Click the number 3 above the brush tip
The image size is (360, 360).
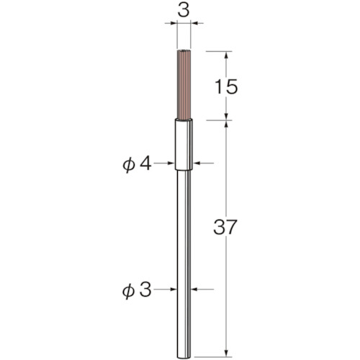[184, 11]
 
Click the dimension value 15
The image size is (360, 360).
[226, 86]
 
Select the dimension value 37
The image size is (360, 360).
[225, 227]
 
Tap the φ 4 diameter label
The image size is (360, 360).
[137, 165]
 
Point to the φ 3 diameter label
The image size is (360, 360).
[137, 289]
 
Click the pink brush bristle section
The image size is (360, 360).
[184, 84]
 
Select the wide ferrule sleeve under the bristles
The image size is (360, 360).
[184, 145]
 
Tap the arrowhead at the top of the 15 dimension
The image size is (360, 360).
[226, 55]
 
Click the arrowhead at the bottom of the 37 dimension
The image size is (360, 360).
[226, 352]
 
